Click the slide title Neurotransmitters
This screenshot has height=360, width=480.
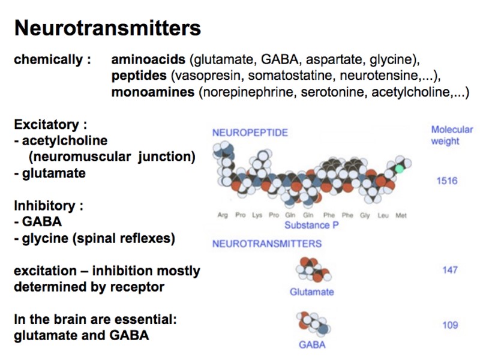tap(107, 28)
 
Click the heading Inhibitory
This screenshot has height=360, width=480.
tap(48, 206)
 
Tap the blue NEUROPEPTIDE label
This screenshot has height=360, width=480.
tap(250, 132)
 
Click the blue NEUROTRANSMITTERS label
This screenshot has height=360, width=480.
tap(267, 244)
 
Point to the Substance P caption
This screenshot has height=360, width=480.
tap(307, 225)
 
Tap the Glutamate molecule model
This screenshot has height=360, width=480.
tap(313, 271)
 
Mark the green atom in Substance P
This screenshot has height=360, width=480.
tap(397, 169)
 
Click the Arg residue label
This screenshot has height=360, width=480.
tap(223, 215)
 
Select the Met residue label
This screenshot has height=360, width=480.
tap(401, 215)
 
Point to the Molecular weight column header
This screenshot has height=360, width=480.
tap(452, 135)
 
